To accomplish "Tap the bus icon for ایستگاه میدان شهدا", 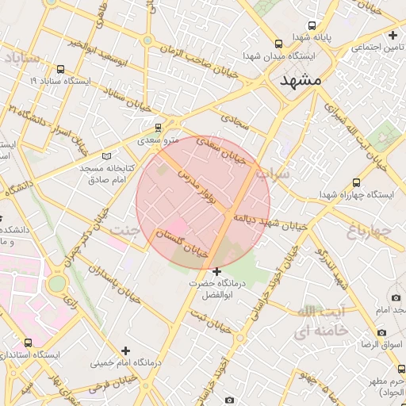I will [x=278, y=44].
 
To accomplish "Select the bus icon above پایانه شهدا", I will [x=312, y=25].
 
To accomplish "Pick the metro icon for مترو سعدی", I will [x=158, y=127].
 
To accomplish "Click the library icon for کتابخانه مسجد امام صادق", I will [x=107, y=155].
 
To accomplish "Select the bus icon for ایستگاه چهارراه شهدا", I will [x=356, y=182].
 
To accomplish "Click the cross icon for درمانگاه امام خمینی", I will [x=124, y=350].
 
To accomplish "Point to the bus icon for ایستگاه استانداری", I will [x=29, y=343].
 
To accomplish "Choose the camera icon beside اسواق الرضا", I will [x=381, y=332].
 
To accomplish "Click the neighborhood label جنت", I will [x=124, y=231].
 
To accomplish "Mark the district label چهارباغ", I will [x=370, y=230].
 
